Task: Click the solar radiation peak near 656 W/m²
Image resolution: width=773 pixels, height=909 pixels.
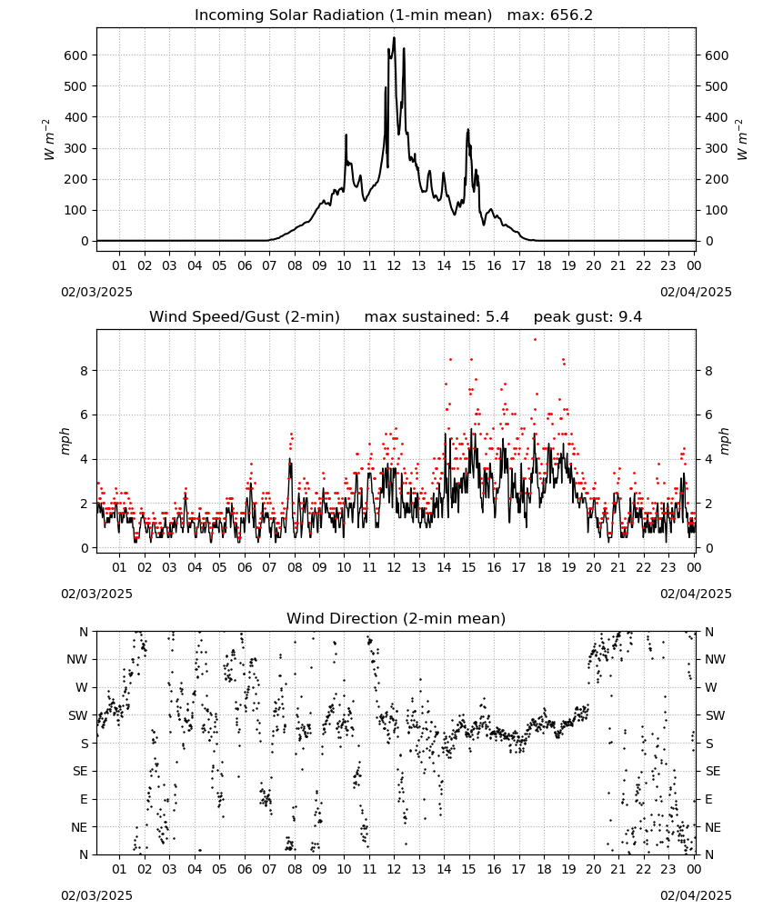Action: point(394,38)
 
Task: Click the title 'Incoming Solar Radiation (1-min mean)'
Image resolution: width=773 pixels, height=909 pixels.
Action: point(343,15)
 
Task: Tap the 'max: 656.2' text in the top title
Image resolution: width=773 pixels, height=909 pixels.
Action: point(550,15)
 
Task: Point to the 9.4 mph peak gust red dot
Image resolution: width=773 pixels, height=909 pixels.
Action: point(535,340)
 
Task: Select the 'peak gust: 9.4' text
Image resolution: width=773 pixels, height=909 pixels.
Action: point(587,316)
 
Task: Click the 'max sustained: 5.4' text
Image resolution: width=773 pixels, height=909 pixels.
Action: point(437,316)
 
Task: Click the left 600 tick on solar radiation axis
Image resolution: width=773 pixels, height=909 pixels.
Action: point(76,55)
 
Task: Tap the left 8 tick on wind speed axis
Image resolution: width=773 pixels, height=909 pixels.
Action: point(84,371)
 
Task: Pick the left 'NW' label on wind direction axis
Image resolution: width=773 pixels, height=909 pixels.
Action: point(76,659)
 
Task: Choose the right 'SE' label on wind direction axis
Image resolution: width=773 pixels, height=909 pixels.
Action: point(713,771)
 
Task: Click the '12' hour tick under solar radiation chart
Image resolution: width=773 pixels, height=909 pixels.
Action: point(394,265)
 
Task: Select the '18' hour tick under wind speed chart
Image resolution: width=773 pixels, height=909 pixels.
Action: point(543,567)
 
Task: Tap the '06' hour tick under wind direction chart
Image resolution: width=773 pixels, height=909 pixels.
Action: point(244,869)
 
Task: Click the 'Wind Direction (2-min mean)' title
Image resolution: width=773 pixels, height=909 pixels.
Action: point(397,618)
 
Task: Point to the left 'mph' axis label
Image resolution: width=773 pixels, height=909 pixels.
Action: point(65,441)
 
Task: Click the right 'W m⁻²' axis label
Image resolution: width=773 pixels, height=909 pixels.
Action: point(742,139)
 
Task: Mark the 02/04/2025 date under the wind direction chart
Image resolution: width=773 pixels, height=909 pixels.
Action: point(696,895)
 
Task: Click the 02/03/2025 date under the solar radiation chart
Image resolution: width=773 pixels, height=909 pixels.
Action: point(96,292)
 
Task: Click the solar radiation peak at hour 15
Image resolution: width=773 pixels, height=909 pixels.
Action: point(467,130)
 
